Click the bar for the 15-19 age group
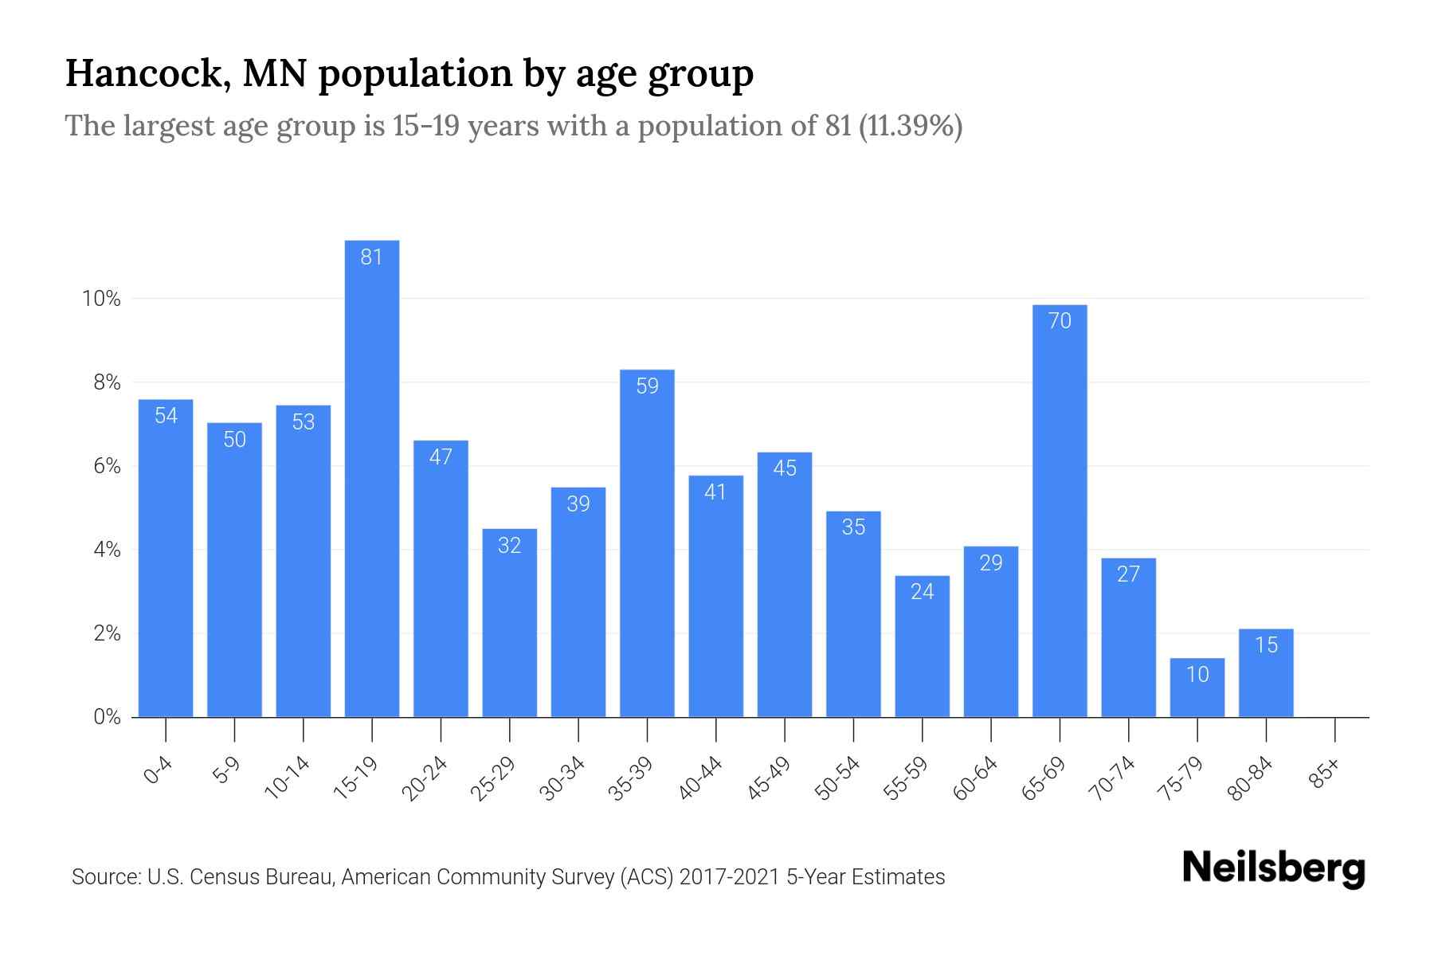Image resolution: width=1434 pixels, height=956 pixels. tap(371, 478)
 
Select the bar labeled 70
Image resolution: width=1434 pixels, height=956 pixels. tap(1059, 510)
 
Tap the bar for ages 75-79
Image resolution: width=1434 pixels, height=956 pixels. tap(1197, 688)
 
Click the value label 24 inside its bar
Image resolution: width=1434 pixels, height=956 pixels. tap(922, 591)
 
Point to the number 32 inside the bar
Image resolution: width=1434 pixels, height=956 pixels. tap(509, 545)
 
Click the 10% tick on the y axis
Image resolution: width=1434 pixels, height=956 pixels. tap(101, 299)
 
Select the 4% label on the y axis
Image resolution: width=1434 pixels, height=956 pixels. tap(106, 550)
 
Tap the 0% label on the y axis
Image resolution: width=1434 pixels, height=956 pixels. tap(106, 717)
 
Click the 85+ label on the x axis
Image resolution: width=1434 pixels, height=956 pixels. tap(1325, 774)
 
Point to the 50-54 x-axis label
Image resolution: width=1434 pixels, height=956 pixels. tap(837, 778)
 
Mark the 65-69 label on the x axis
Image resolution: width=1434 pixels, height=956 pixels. tap(1043, 778)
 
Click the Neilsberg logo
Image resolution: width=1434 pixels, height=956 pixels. tap(1273, 868)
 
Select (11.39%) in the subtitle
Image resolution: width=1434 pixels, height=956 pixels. tap(911, 126)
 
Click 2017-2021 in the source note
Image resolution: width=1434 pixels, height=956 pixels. tap(729, 877)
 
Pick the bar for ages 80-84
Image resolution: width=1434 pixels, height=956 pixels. tap(1265, 674)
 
